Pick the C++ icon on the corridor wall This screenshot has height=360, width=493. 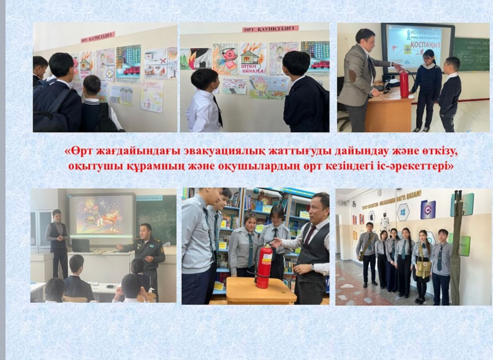point(428,210)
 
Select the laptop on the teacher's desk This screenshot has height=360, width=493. point(80,245)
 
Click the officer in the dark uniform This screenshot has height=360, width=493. point(148,253)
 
